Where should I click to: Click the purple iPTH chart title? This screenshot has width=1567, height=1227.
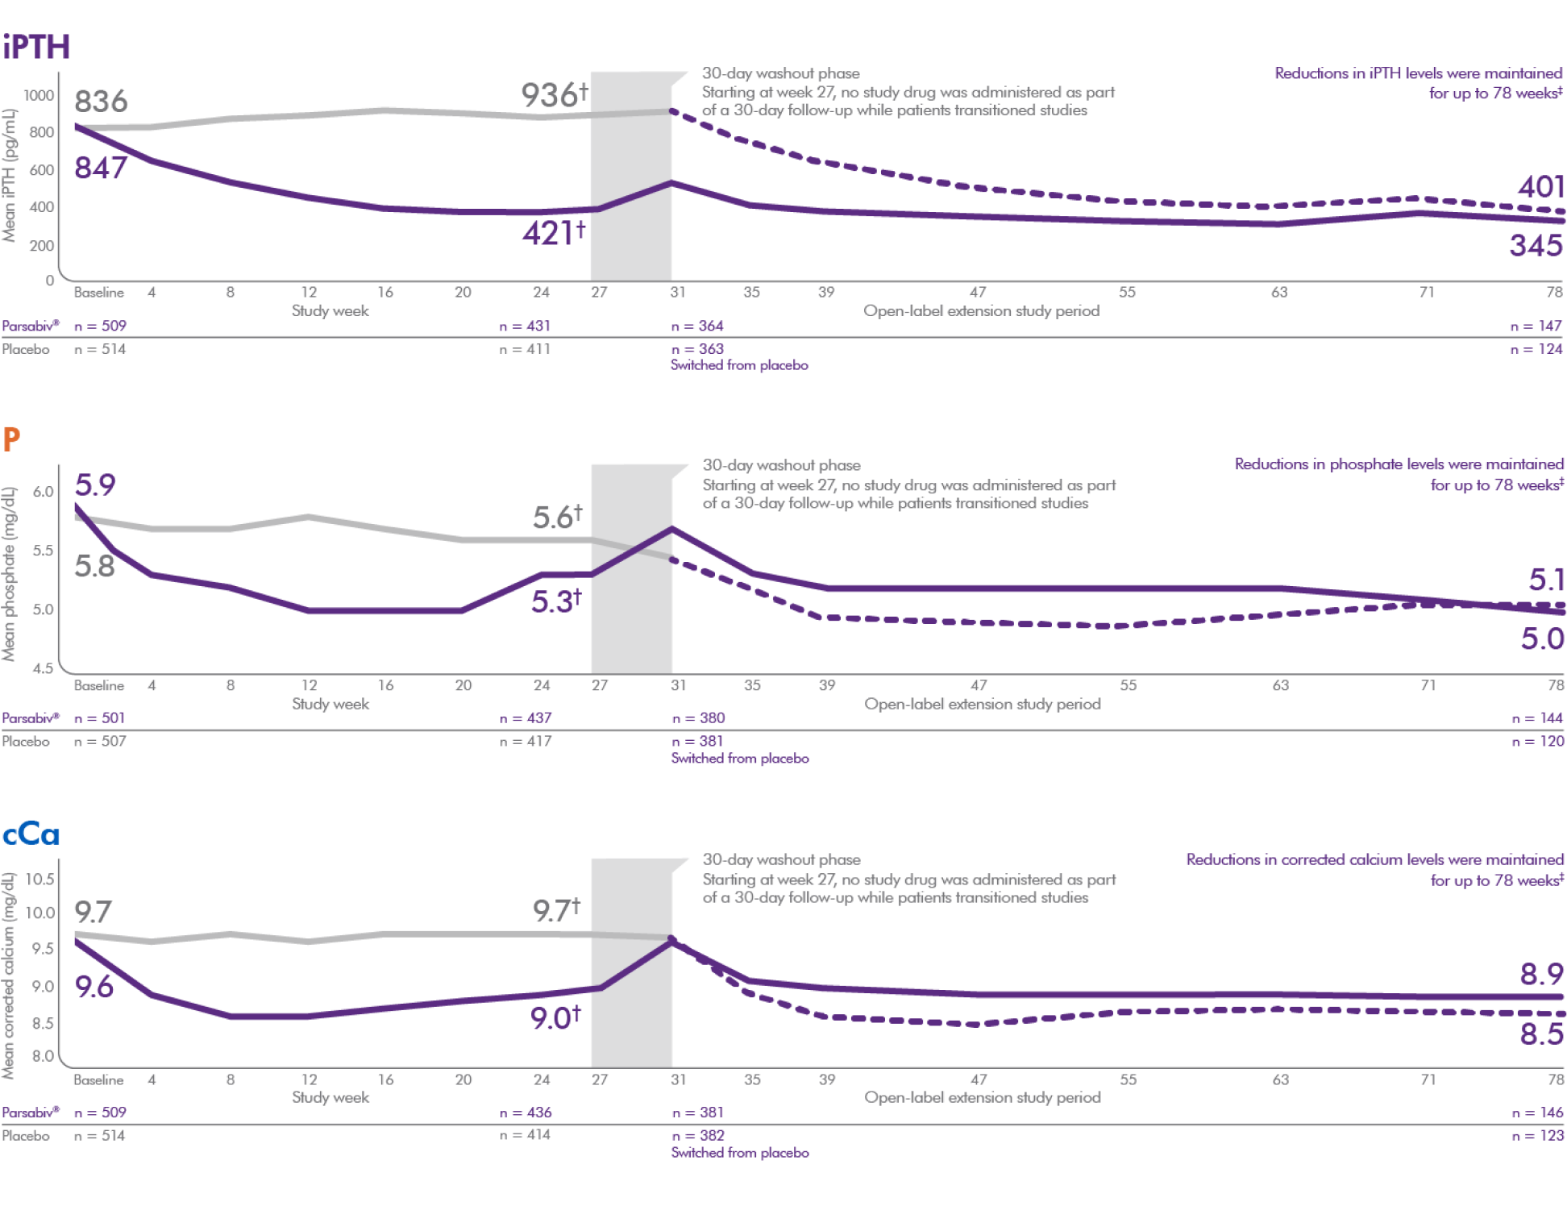coord(37,47)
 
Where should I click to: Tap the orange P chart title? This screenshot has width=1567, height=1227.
coord(11,439)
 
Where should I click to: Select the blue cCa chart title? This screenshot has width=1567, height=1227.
coord(31,834)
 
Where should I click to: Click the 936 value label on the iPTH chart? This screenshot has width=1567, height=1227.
coord(553,95)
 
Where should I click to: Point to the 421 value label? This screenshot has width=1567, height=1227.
coord(553,234)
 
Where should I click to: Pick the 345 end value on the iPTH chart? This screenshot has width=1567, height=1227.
coord(1536,245)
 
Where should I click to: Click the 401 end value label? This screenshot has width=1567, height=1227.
coord(1540,187)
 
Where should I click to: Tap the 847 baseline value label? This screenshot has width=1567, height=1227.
coord(101,168)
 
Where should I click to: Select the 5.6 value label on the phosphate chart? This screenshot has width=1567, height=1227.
coord(556,517)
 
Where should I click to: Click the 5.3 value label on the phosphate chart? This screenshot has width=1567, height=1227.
coord(555,601)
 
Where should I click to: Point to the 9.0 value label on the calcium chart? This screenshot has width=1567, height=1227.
coord(555,1018)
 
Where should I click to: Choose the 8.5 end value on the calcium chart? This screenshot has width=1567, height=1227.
coord(1541,1034)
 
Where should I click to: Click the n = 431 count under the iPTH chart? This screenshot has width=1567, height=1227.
coord(525,327)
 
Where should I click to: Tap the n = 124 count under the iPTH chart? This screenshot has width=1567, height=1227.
coord(1536,349)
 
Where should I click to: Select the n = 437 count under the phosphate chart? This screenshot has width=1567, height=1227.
coord(526,718)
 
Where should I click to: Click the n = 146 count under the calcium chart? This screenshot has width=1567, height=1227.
coord(1537,1113)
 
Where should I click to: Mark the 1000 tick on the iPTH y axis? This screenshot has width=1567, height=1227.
coord(39,95)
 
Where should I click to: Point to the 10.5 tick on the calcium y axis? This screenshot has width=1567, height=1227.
coord(39,879)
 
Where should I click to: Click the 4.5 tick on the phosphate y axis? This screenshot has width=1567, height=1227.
coord(43,668)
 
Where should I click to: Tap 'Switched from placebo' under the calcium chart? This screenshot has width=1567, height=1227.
coord(740,1153)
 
